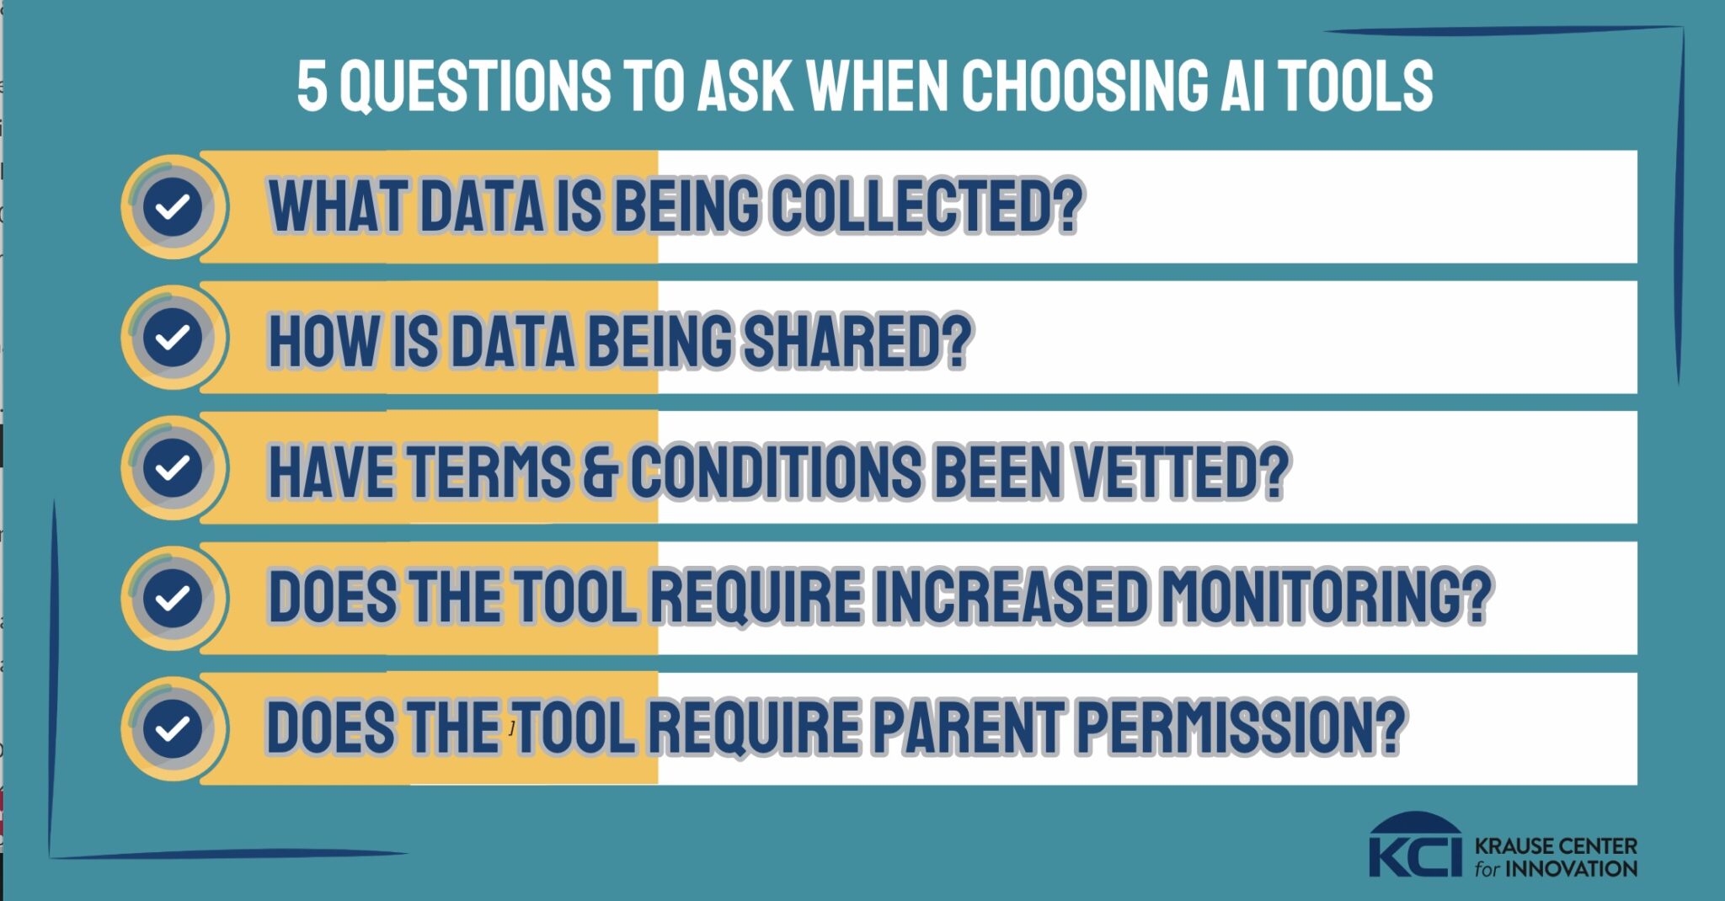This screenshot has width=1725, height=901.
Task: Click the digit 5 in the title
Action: (312, 86)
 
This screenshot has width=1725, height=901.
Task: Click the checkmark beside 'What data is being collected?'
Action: (173, 206)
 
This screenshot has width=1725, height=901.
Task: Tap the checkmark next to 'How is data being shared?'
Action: (173, 337)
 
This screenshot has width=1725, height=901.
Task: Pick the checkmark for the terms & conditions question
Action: (173, 467)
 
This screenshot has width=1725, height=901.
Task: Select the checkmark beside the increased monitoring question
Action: (173, 598)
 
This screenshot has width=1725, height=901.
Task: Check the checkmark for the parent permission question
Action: (173, 728)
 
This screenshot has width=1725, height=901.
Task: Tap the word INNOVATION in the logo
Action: (1572, 868)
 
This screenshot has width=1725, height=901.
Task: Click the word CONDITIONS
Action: (776, 472)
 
